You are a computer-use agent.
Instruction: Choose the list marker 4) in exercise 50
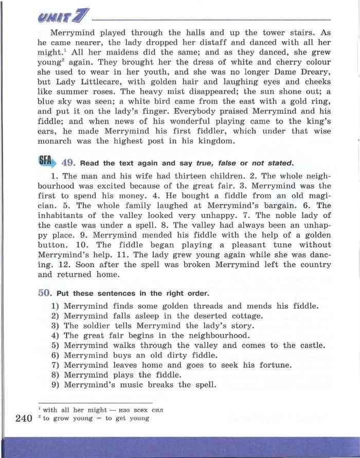(55, 336)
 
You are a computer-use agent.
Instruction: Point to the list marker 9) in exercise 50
(55, 385)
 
